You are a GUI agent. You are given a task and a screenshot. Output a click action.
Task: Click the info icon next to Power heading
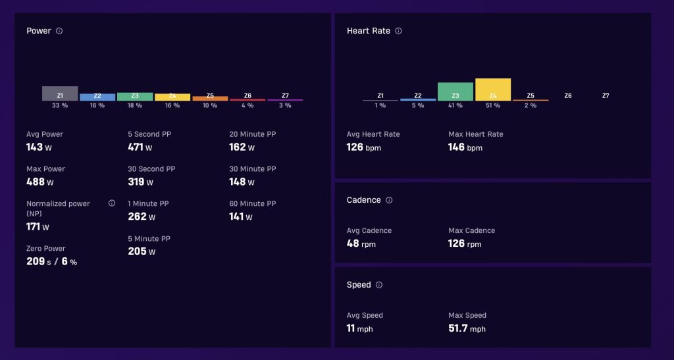[x=59, y=31]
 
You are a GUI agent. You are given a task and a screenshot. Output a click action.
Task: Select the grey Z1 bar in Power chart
[x=60, y=93]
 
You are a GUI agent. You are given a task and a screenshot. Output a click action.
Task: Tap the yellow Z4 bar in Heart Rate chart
[x=493, y=90]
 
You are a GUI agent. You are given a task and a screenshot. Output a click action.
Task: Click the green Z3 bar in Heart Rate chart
[x=455, y=92]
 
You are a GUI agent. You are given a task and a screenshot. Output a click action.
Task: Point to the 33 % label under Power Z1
[x=60, y=106]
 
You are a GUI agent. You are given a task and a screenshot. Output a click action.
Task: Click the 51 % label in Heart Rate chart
[x=493, y=106]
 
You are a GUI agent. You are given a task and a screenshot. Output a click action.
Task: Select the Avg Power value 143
[x=34, y=147]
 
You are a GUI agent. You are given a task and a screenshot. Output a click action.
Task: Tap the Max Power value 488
[x=36, y=182]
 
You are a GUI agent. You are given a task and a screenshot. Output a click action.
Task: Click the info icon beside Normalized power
[x=112, y=203]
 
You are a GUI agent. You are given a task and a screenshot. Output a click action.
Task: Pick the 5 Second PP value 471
[x=136, y=147]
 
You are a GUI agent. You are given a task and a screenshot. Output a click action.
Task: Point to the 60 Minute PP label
[x=253, y=203]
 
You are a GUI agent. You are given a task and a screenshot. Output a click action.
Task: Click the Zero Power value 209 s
[x=39, y=261]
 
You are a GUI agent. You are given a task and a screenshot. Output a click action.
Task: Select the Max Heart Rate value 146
[x=457, y=147]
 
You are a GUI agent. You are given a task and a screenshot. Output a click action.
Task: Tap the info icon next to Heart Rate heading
[x=398, y=31]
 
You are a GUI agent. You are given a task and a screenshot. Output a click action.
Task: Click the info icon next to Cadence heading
[x=389, y=200]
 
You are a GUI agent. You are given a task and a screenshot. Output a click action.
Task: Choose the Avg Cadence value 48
[x=353, y=244]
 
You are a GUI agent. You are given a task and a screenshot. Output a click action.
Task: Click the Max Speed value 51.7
[x=458, y=328]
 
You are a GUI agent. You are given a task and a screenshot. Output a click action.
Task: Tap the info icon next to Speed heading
[x=378, y=285]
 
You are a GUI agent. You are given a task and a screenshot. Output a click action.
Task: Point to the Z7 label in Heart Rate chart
[x=606, y=96]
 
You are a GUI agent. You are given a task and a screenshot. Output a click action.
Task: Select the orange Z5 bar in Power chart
[x=210, y=98]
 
